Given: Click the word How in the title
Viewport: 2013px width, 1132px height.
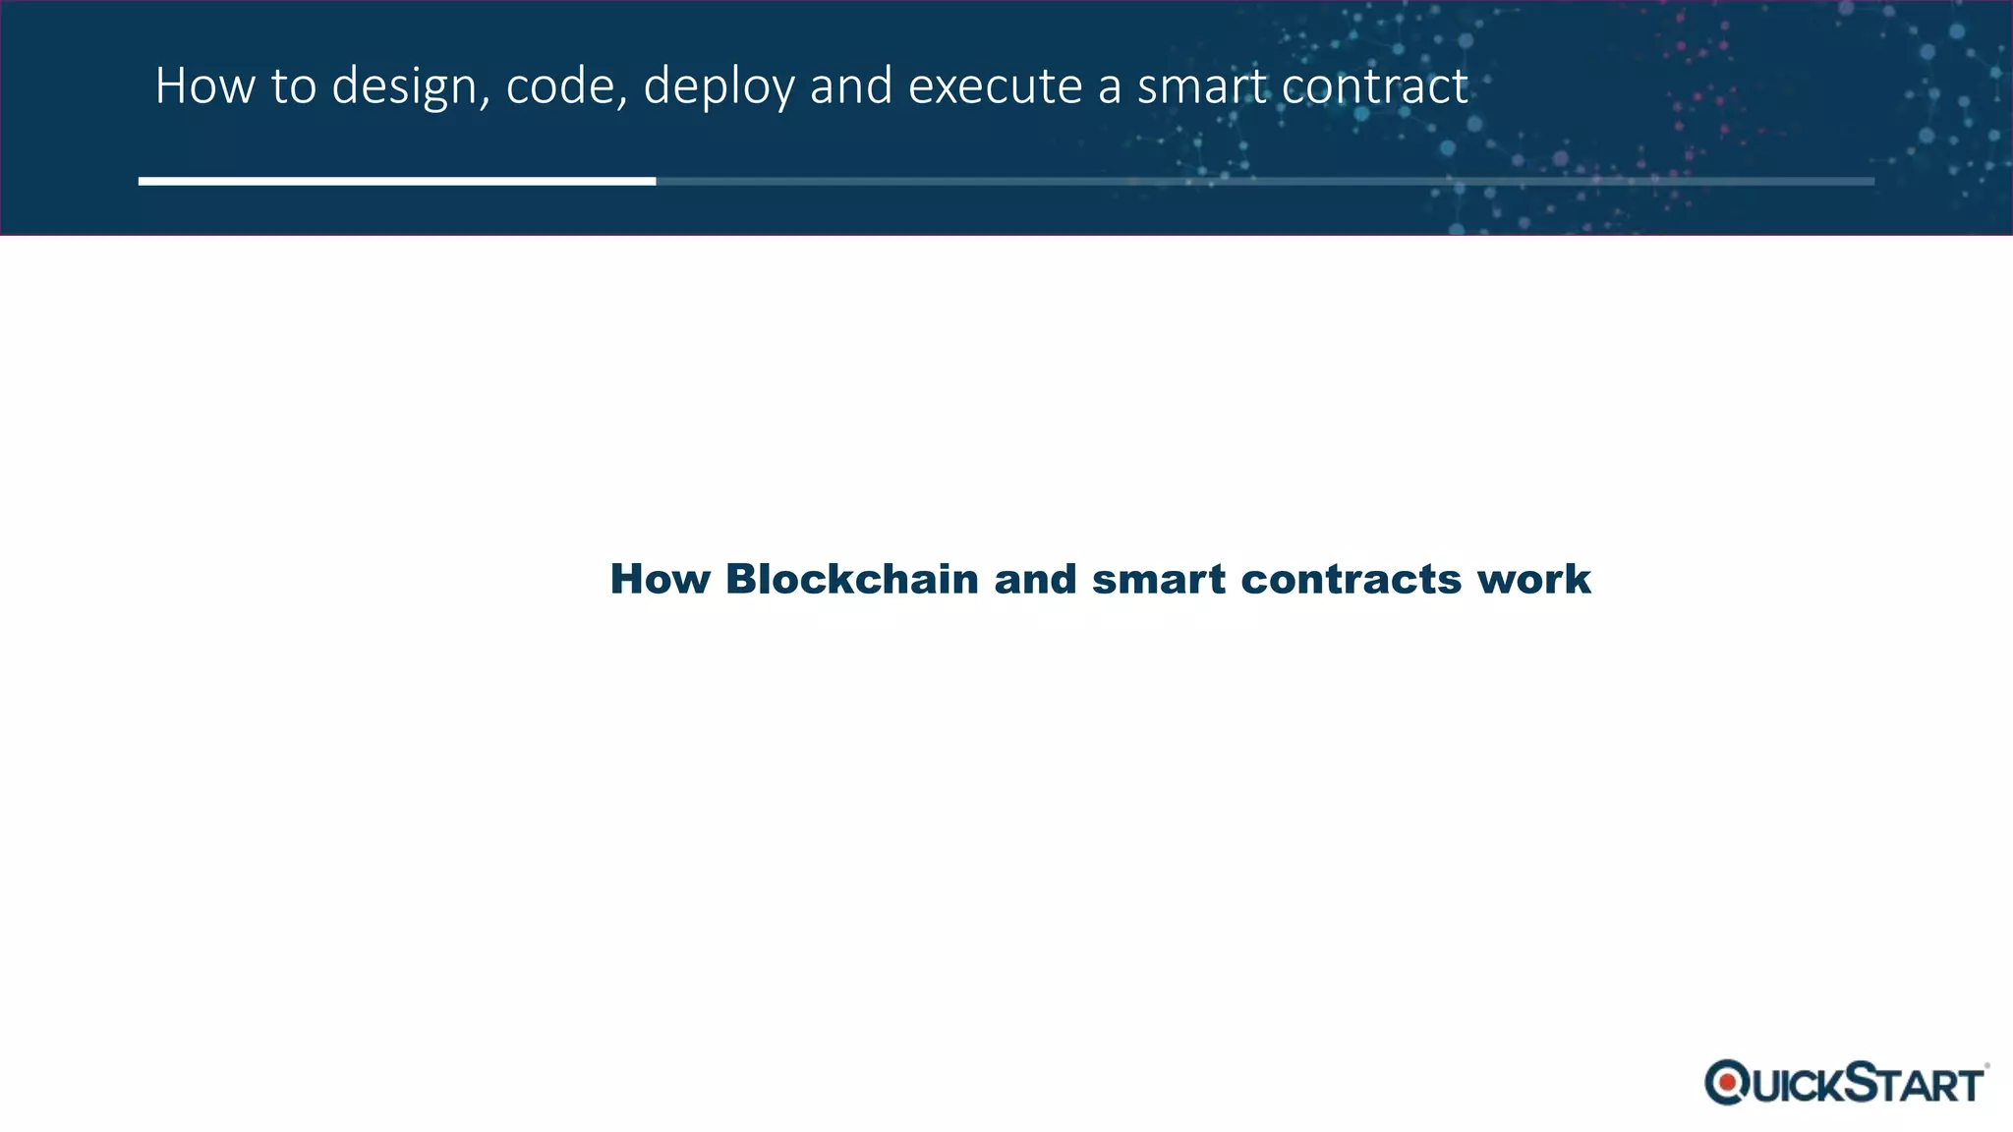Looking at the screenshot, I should [x=203, y=85].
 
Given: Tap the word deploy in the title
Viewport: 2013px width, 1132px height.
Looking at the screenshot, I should [x=719, y=87].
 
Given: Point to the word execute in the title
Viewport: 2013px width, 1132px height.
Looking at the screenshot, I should [x=995, y=86].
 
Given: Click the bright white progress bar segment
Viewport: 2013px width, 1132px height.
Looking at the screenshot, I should [x=396, y=181].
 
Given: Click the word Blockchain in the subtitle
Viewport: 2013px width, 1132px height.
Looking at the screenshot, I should [x=851, y=579].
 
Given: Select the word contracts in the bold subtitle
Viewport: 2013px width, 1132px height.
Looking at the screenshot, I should [x=1351, y=580].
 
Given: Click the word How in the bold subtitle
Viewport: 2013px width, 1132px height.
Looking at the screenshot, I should [x=660, y=579].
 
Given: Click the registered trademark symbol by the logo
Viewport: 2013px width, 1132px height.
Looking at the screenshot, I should [x=1986, y=1065].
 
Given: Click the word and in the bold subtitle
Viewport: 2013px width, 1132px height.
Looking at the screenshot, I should [x=1035, y=579].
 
